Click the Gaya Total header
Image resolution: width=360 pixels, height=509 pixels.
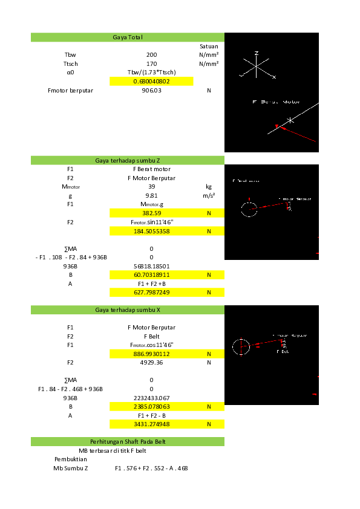pos(128,37)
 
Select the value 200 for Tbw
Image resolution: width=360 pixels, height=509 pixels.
pos(151,54)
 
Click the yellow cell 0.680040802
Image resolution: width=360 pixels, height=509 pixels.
pos(151,81)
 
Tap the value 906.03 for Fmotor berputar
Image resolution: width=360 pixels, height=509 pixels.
pos(151,90)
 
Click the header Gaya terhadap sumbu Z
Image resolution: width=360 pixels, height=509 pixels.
pos(128,160)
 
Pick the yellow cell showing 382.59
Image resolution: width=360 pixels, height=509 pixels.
pos(151,213)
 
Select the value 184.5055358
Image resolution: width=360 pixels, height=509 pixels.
pos(151,231)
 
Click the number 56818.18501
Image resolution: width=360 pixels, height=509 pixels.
pos(151,266)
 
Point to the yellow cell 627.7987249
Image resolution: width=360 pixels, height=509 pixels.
pos(151,292)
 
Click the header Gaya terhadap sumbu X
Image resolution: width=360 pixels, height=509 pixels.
pos(128,310)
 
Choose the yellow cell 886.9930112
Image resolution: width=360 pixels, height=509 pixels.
pos(151,354)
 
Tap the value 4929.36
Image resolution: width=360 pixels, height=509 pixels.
pos(151,363)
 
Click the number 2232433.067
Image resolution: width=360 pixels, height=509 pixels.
pos(151,398)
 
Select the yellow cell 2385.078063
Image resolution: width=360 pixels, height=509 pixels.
pos(151,407)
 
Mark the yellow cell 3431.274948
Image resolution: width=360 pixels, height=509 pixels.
pos(151,424)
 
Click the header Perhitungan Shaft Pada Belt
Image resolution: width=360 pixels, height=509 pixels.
pos(128,442)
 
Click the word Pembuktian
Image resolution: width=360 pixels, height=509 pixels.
pos(71,459)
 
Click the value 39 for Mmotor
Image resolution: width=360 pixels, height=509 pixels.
pos(151,187)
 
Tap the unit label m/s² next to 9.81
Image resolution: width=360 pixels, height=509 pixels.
pos(209,196)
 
